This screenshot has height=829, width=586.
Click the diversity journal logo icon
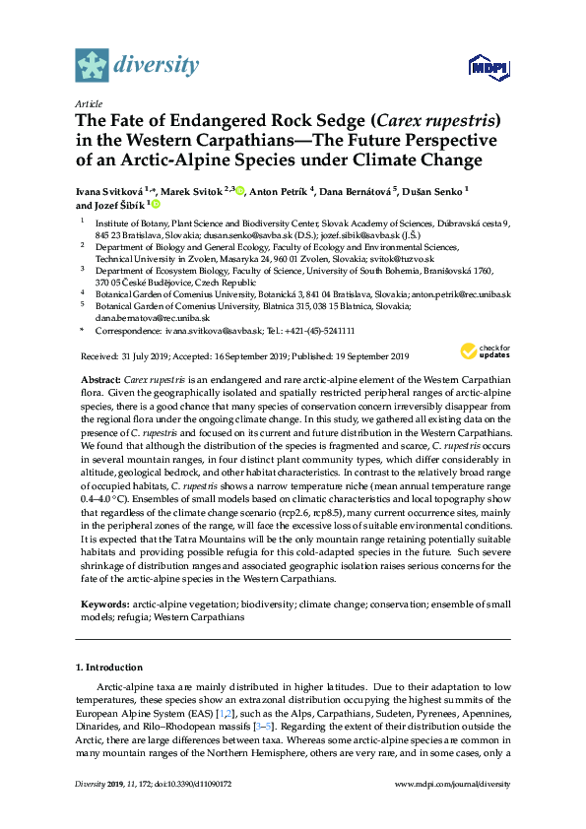94,64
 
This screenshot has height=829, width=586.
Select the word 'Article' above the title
89,102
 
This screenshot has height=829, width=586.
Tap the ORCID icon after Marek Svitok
242,190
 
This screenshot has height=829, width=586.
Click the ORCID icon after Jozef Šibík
155,205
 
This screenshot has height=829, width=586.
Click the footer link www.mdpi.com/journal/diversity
452,784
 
